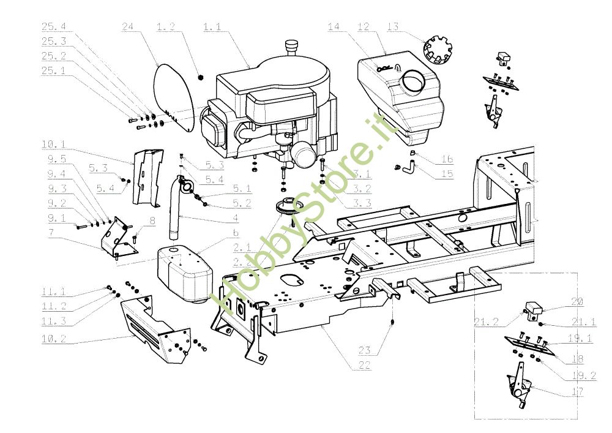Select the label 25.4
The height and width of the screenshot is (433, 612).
(54, 27)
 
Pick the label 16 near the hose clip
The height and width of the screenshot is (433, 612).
(447, 159)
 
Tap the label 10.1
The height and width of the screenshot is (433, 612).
(54, 145)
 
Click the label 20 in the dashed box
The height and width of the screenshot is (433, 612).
(577, 301)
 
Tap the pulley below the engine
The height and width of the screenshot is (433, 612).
(285, 208)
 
